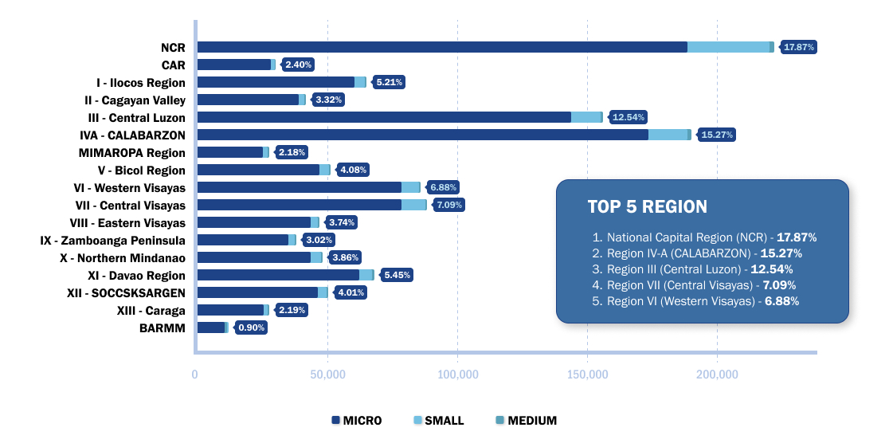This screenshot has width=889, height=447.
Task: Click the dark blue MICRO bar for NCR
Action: coord(442,47)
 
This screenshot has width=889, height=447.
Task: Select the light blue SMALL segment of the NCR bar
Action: coord(728,47)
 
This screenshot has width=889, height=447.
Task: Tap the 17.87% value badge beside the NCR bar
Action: coord(799,47)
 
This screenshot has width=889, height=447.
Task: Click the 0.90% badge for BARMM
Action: coord(252,327)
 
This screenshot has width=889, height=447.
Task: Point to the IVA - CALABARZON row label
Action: coord(133,135)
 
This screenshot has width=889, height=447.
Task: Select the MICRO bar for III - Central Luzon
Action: coord(384,117)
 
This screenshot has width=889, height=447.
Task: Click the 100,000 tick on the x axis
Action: coord(457,374)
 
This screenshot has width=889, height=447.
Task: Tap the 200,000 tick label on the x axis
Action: coord(717,374)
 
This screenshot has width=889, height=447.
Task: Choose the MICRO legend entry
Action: coord(355,421)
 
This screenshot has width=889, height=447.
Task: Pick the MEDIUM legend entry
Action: coord(526,421)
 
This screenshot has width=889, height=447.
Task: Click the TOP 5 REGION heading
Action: coord(647,207)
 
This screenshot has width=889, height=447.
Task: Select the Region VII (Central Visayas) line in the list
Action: coord(701,285)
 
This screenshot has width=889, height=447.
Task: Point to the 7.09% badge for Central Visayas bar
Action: coord(449,205)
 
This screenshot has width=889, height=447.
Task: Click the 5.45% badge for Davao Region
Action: coord(398,275)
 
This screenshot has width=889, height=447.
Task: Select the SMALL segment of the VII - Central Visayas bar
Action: coord(413,205)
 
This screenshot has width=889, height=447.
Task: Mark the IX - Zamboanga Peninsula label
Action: coord(112,240)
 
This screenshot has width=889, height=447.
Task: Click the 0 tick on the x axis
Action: coord(195,374)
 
